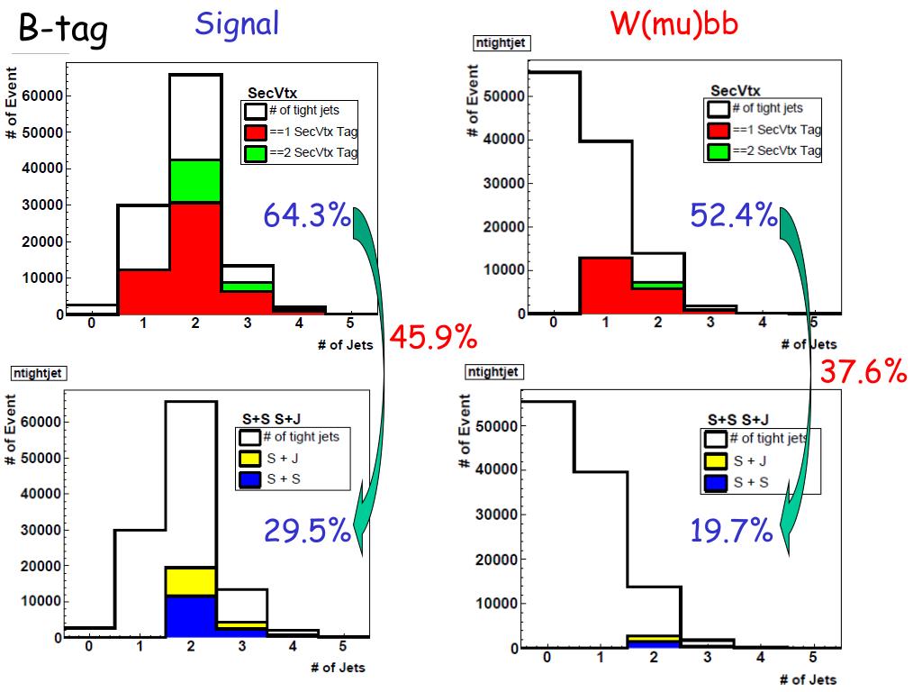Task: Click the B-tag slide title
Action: [62, 31]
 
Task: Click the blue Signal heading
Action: [237, 24]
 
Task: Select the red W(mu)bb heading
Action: [674, 24]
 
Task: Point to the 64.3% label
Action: [306, 216]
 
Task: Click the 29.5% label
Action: [306, 532]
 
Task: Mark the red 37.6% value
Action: [863, 370]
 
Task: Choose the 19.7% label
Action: [731, 532]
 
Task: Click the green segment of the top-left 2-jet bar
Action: [194, 180]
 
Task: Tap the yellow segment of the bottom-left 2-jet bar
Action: [189, 581]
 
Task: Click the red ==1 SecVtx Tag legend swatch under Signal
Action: [256, 132]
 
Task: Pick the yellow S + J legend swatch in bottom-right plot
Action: [716, 460]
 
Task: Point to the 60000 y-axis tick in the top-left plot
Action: [40, 96]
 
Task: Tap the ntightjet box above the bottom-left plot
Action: [38, 373]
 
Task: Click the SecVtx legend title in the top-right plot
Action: [735, 90]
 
